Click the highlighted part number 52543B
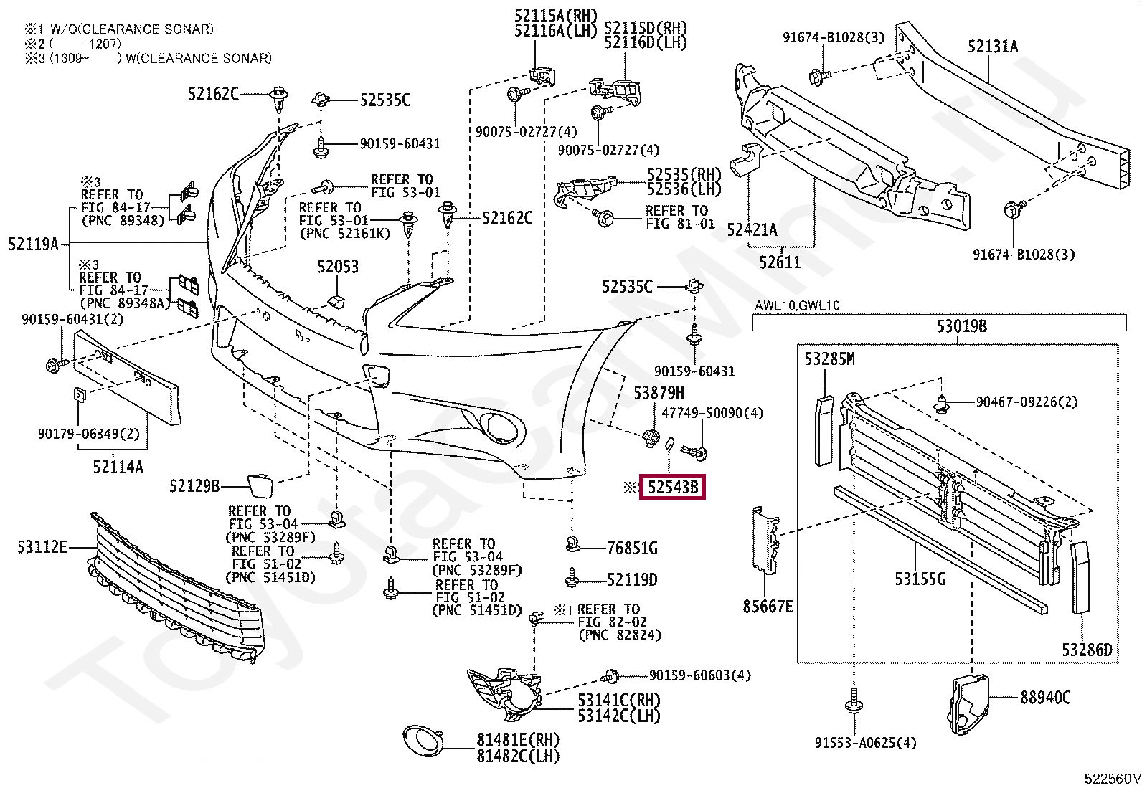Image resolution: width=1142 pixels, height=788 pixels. click(672, 488)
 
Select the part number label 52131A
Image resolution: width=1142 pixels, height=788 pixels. click(992, 47)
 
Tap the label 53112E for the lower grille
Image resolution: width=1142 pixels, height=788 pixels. click(42, 548)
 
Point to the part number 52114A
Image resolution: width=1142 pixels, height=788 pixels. click(118, 467)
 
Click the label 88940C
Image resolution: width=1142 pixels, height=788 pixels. click(1045, 696)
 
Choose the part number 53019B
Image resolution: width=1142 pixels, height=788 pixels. click(961, 326)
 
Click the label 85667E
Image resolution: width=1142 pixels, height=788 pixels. click(768, 607)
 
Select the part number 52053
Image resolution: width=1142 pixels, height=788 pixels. click(338, 267)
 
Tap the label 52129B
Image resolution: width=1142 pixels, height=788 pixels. click(194, 486)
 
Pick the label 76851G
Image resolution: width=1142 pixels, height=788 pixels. click(632, 549)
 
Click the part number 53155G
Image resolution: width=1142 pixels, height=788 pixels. click(920, 577)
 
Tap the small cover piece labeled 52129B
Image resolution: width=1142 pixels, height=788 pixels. click(259, 484)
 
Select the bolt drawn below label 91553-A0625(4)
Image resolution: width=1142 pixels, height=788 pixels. click(853, 701)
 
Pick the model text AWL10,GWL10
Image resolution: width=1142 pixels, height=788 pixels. click(797, 305)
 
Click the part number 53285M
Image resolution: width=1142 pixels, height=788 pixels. click(829, 359)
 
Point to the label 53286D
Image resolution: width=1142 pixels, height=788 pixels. click(1087, 650)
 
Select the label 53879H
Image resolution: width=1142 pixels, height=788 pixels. click(659, 392)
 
